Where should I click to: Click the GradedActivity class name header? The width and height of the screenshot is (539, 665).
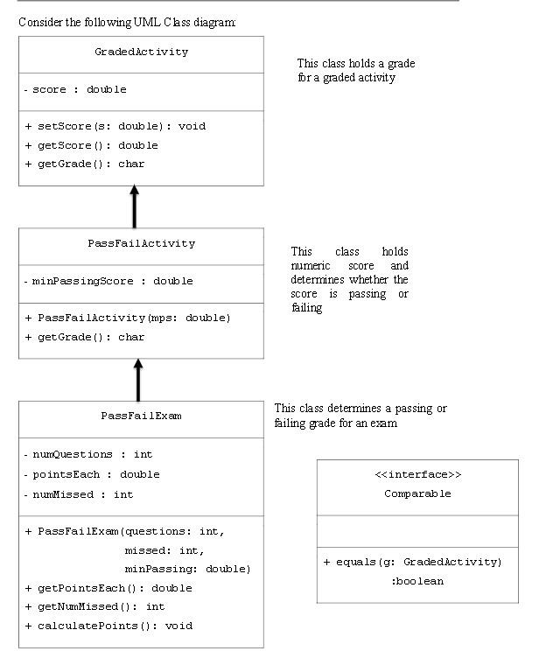point(141,52)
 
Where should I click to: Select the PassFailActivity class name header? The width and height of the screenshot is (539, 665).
point(141,243)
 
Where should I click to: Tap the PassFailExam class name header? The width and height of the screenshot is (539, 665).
point(141,416)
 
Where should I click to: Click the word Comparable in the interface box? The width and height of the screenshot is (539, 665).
point(417,493)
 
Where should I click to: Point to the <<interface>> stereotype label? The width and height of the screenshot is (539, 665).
point(417,474)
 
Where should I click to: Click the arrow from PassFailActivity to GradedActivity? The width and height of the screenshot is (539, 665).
point(135,207)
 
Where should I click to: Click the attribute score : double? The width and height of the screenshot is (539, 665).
point(75,89)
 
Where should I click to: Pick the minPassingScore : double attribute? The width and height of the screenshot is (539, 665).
point(108,281)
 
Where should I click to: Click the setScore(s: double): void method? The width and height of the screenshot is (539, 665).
point(115,126)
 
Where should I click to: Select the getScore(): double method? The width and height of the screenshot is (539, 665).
point(92,145)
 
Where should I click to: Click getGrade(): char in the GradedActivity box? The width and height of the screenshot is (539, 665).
point(85,164)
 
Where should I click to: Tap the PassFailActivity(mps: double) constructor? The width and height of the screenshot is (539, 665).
point(128,318)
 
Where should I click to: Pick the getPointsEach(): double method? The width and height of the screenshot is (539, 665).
point(108,588)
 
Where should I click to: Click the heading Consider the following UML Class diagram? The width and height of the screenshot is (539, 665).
point(127,21)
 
